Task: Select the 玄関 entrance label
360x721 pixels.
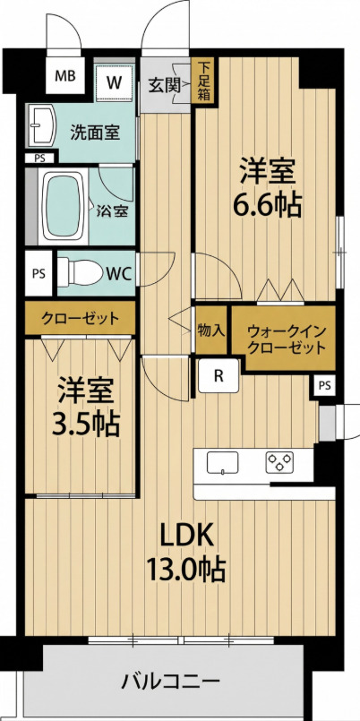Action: click(165, 86)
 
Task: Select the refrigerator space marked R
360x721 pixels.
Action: click(219, 377)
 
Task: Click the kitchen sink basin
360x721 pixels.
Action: click(222, 464)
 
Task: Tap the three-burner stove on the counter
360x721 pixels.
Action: click(280, 463)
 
